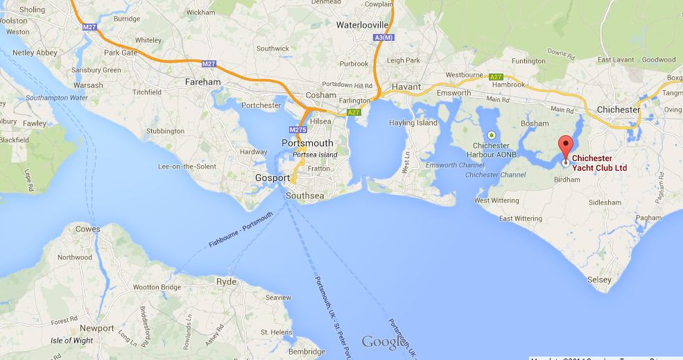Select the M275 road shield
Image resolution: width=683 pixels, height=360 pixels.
click(x=296, y=130)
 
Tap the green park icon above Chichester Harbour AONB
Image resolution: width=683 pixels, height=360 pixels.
click(x=492, y=135)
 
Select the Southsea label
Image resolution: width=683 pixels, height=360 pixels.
click(x=306, y=195)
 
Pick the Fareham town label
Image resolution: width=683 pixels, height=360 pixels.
click(x=202, y=82)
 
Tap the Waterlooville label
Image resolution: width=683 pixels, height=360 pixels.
click(x=361, y=24)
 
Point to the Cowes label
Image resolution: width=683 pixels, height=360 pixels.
click(x=87, y=229)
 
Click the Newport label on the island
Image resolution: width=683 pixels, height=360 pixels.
click(x=97, y=327)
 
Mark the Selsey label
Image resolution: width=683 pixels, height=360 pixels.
click(x=600, y=280)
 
